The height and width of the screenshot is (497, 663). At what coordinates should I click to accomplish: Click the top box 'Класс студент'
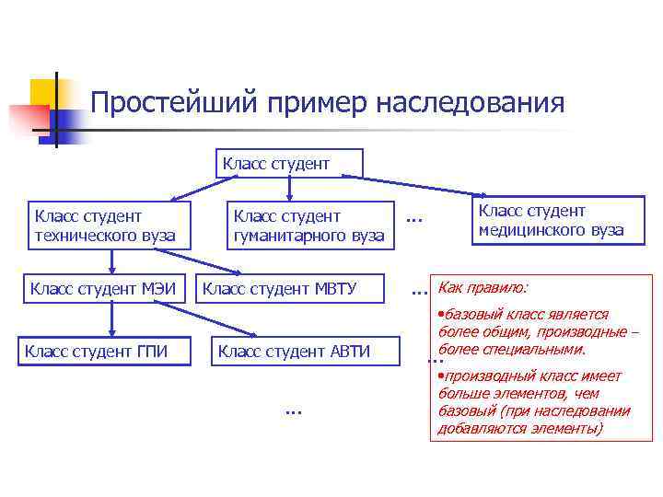(x=289, y=163)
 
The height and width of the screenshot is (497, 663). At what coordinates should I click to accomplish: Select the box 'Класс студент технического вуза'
(x=102, y=225)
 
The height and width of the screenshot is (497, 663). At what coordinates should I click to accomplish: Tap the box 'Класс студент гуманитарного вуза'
(x=308, y=225)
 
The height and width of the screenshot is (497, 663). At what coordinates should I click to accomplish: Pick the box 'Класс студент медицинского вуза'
(x=550, y=220)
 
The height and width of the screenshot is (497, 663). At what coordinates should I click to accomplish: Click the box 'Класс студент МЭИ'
(x=102, y=288)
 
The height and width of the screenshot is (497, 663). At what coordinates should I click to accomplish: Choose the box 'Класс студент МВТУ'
(x=279, y=289)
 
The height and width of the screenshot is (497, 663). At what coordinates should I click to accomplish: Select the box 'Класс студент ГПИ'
(x=102, y=351)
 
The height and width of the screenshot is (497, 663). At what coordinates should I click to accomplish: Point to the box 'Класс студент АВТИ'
(x=294, y=351)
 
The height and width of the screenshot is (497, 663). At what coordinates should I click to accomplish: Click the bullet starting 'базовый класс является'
(x=538, y=331)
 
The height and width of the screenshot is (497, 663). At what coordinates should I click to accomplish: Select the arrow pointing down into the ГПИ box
(x=111, y=322)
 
